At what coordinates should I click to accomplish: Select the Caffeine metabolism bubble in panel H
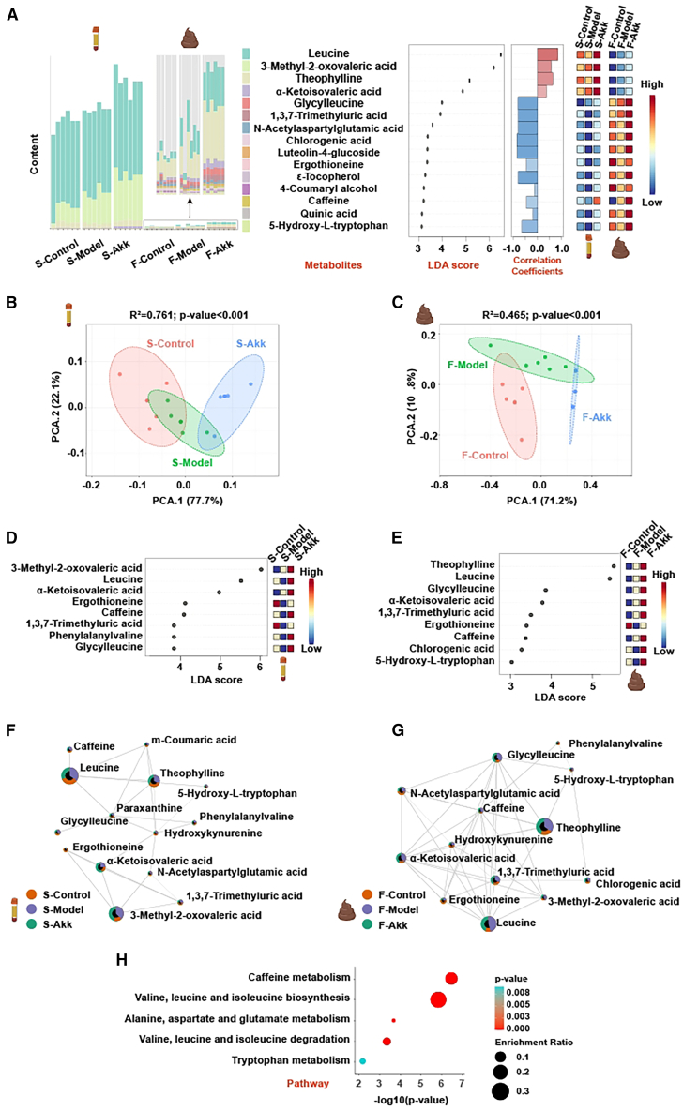point(451,978)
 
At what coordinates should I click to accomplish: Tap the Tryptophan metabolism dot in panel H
point(363,1061)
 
